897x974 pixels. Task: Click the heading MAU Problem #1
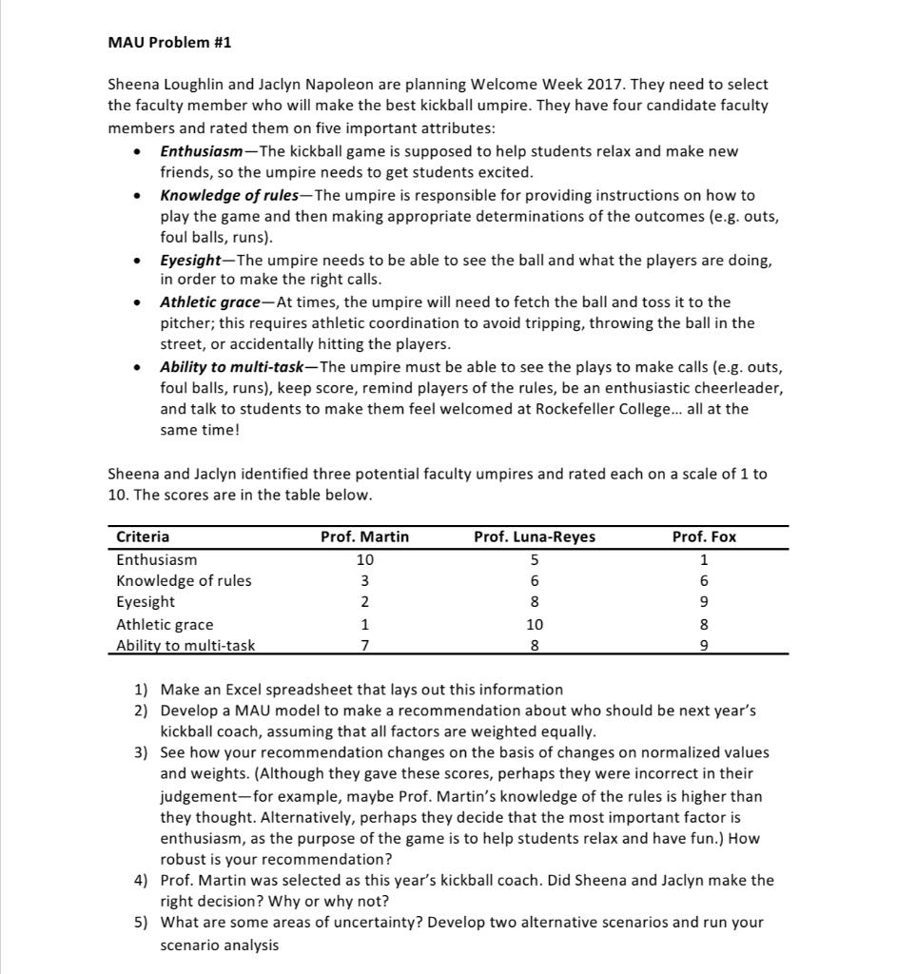click(169, 43)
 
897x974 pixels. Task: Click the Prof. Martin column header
click(364, 537)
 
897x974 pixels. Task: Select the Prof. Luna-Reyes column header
click(535, 537)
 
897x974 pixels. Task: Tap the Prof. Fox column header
click(704, 537)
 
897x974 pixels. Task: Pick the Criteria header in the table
click(143, 537)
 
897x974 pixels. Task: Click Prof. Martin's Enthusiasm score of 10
click(364, 560)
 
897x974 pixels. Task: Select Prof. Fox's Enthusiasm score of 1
click(704, 560)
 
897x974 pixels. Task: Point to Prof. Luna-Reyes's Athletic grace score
click(535, 625)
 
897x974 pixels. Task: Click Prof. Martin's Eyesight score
click(364, 602)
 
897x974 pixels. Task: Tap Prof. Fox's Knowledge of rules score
click(704, 581)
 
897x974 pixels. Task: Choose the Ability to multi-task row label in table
click(185, 646)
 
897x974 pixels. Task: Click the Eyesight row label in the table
click(146, 602)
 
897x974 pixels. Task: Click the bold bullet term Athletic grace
click(209, 302)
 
